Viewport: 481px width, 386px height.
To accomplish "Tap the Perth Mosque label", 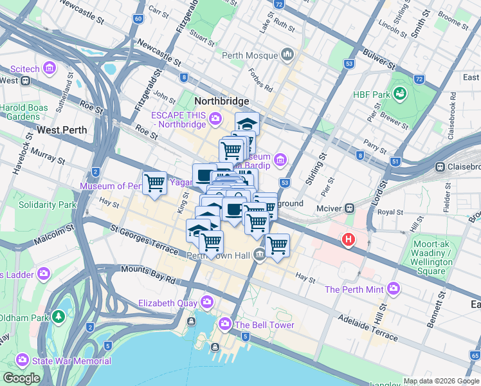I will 250,56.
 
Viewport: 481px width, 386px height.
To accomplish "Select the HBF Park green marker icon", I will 401,94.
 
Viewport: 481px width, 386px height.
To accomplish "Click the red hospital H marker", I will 349,239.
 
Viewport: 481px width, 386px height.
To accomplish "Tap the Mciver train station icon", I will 350,208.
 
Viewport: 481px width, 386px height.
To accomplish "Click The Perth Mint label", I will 354,289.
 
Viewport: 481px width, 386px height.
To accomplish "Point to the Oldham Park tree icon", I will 59,317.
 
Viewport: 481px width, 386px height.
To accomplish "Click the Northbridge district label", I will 221,102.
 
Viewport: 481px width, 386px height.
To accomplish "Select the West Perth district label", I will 62,129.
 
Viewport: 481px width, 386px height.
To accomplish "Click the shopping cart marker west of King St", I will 154,183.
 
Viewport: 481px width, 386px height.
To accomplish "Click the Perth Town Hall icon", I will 259,255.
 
